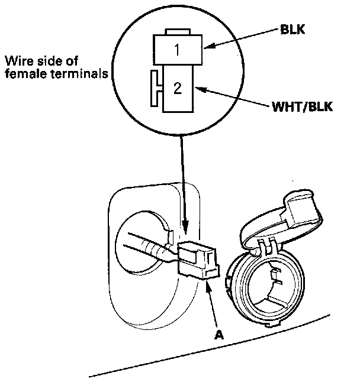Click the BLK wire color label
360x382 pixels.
(292, 30)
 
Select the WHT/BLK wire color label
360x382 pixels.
(302, 106)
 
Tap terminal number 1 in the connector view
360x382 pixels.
(177, 50)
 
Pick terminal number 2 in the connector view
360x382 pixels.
(178, 88)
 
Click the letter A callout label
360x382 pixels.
(218, 335)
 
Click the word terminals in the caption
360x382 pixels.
(79, 73)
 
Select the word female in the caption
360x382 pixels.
(26, 73)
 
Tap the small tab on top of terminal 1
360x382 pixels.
(178, 32)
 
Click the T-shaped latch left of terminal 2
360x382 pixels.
(156, 89)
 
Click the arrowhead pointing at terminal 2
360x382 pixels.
(201, 89)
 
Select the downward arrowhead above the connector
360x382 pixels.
(185, 226)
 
